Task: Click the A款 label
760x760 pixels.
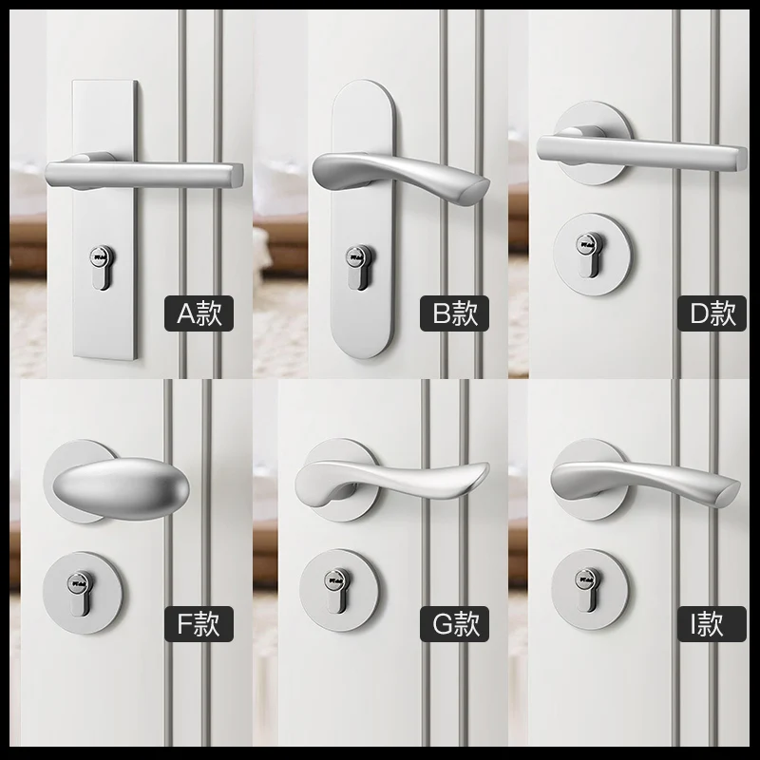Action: [x=199, y=313]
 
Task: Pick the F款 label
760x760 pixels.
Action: [x=199, y=624]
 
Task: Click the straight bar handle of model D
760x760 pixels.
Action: [x=655, y=148]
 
